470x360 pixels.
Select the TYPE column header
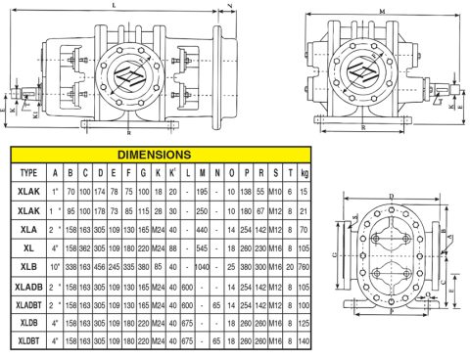[x=28, y=172]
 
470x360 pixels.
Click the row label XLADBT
[x=28, y=304]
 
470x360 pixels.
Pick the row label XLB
[x=28, y=264]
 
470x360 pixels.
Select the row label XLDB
[x=28, y=323]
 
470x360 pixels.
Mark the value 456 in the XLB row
[x=101, y=264]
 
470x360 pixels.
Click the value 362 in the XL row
[x=84, y=247]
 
